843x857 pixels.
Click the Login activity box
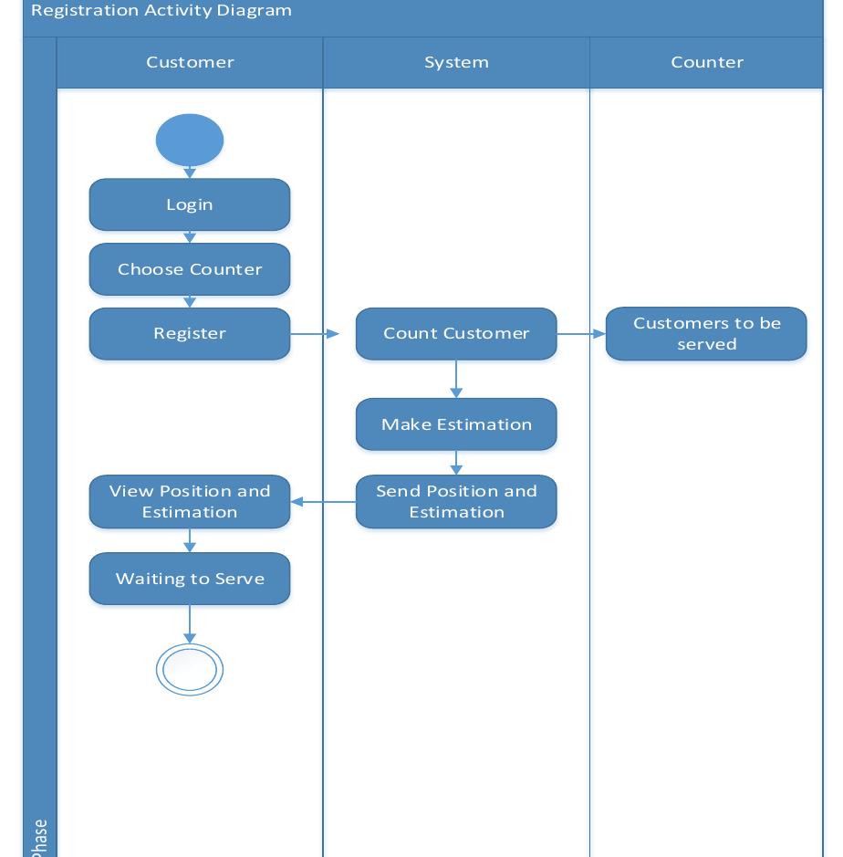pyautogui.click(x=190, y=204)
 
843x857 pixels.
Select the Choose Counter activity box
pyautogui.click(x=190, y=269)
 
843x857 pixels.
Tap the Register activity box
pyautogui.click(x=190, y=333)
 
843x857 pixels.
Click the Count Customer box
pyautogui.click(x=456, y=333)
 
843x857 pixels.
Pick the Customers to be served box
pyautogui.click(x=706, y=334)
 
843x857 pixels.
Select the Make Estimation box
pyautogui.click(x=456, y=424)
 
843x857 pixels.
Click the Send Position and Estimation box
pyautogui.click(x=456, y=501)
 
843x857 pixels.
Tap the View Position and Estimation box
pyautogui.click(x=190, y=501)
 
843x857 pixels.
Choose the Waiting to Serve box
pyautogui.click(x=190, y=579)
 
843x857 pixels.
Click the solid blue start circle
pyautogui.click(x=190, y=141)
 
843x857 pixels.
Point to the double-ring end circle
pyautogui.click(x=190, y=670)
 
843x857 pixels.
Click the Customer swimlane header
pyautogui.click(x=190, y=62)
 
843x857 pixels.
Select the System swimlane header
pyautogui.click(x=456, y=62)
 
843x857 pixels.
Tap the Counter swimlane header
pyautogui.click(x=707, y=62)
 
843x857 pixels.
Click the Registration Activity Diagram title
pyautogui.click(x=161, y=11)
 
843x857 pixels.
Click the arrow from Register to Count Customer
pyautogui.click(x=315, y=334)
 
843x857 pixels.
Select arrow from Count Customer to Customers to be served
pyautogui.click(x=581, y=334)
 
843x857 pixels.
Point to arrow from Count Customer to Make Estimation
pyautogui.click(x=456, y=379)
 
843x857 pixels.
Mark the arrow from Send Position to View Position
pyautogui.click(x=323, y=501)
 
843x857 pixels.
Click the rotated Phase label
pyautogui.click(x=39, y=838)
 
